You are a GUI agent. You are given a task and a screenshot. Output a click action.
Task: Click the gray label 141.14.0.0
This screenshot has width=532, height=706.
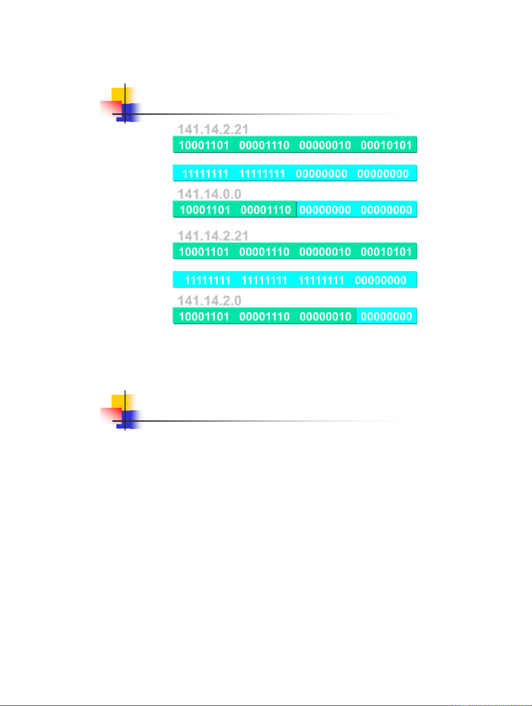210,194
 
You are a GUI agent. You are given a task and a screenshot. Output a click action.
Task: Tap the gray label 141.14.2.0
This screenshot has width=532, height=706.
210,301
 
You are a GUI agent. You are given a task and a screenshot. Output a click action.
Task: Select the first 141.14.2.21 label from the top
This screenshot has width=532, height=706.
213,129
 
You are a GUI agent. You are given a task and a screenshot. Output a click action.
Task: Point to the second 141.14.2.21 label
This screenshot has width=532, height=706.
213,236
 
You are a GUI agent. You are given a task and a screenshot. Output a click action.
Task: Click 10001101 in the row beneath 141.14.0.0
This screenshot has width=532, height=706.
205,210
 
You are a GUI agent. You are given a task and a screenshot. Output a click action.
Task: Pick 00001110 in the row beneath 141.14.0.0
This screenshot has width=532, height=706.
266,210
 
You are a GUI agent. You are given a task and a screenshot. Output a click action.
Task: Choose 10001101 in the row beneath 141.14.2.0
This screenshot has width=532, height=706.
204,317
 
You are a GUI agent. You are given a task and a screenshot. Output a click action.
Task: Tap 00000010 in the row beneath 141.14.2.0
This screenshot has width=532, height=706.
325,317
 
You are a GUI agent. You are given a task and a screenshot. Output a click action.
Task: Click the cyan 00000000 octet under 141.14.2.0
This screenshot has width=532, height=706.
386,317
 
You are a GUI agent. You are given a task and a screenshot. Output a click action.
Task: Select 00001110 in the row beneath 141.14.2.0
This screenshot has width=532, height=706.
265,317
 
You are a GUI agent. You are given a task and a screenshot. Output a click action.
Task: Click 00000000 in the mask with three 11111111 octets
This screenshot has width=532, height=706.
380,280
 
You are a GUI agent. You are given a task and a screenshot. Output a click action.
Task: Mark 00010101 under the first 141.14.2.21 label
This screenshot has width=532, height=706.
386,145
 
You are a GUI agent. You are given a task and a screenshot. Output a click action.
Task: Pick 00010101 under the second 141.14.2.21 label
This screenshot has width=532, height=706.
386,252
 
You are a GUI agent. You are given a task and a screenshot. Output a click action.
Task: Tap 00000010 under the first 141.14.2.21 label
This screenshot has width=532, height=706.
325,145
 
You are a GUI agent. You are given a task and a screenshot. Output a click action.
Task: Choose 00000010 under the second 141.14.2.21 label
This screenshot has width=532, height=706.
325,252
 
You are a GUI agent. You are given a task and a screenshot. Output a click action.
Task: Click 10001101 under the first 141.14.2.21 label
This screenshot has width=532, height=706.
204,145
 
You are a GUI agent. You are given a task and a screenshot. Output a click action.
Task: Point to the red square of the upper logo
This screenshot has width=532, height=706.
111,109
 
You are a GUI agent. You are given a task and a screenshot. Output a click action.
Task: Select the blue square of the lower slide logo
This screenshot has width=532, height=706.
129,420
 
